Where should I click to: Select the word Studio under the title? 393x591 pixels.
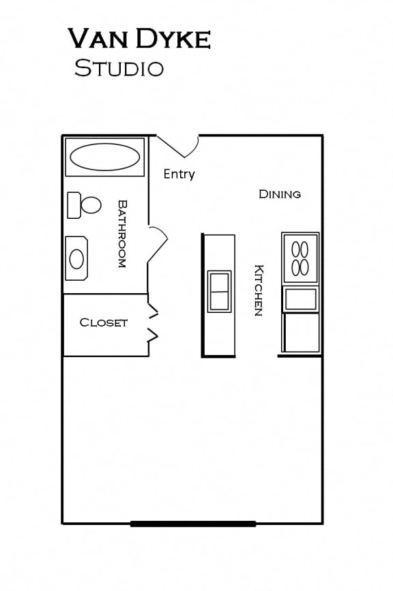(x=119, y=68)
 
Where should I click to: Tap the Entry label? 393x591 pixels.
(x=179, y=175)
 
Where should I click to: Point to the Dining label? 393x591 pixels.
(x=280, y=194)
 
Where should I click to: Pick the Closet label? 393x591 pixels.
(x=104, y=322)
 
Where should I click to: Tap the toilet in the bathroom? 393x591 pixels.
(x=84, y=204)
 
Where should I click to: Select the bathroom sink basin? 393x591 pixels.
(x=76, y=258)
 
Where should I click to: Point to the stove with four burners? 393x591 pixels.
(x=300, y=258)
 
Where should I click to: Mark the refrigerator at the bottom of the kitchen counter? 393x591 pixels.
(x=301, y=333)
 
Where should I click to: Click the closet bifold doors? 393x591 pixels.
(x=154, y=324)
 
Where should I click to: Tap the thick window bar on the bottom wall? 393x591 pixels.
(x=193, y=524)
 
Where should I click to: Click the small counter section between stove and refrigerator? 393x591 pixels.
(x=301, y=299)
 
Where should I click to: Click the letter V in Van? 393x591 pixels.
(x=77, y=40)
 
